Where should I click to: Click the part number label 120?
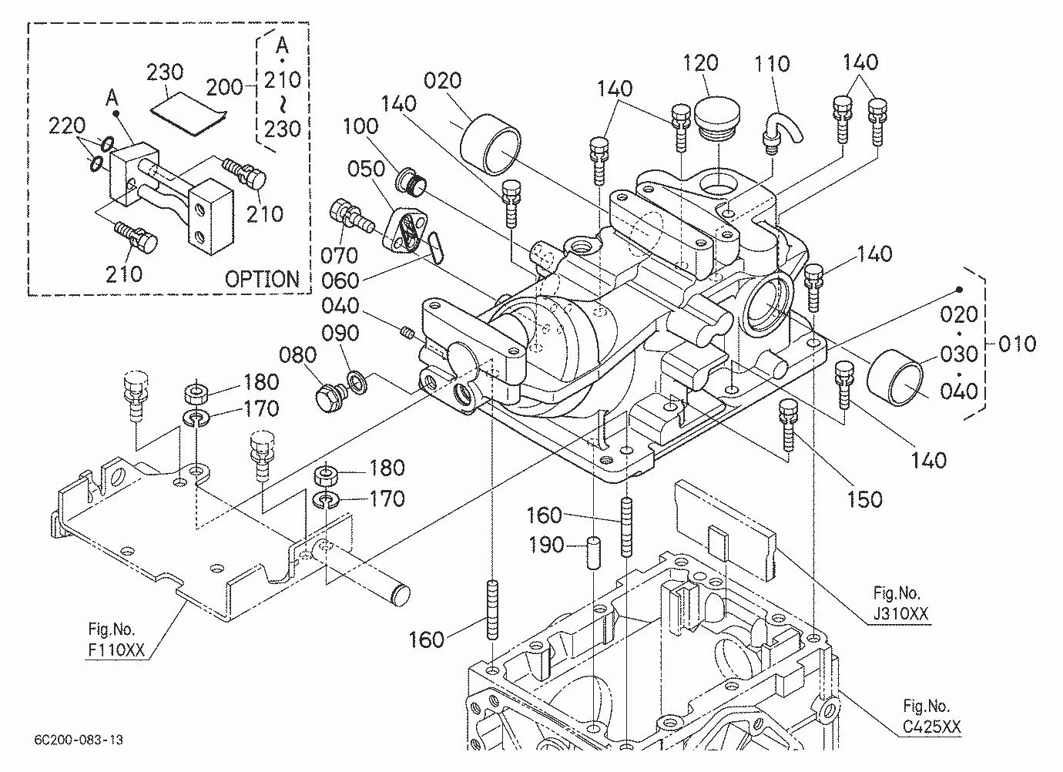coord(700,62)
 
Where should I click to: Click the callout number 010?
coord(1017,344)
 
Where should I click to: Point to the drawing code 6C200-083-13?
coord(79,740)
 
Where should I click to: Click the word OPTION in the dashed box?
coord(262,279)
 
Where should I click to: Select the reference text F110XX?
coord(116,649)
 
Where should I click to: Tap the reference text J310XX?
coord(900,614)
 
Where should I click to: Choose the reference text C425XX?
coord(931,727)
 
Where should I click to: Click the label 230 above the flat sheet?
coord(165,72)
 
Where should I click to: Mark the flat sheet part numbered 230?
coord(189,115)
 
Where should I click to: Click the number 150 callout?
coord(864,499)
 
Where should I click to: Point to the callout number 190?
coord(546,545)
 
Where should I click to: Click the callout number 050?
coord(366,169)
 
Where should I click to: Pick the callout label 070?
coord(339,256)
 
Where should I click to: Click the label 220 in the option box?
coord(67,126)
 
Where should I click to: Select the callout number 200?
coord(224,87)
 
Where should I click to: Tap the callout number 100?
coord(360,126)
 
